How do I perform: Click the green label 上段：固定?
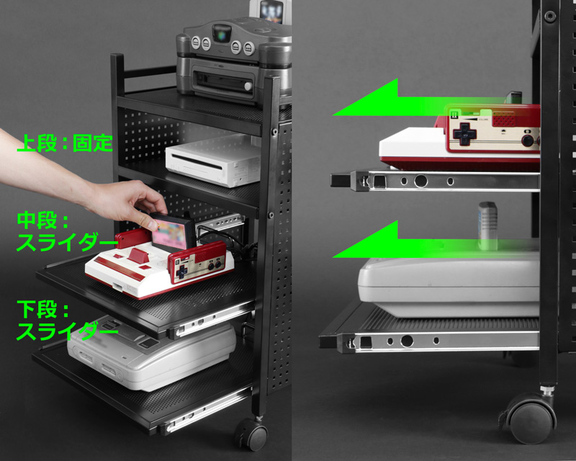pos(65,143)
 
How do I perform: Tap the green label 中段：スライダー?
pos(67,232)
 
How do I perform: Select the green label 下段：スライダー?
pos(67,321)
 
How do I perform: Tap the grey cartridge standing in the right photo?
pos(488,225)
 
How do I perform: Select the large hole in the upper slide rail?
pos(420,182)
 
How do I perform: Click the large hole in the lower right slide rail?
pos(407,341)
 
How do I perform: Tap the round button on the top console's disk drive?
pos(248,86)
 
